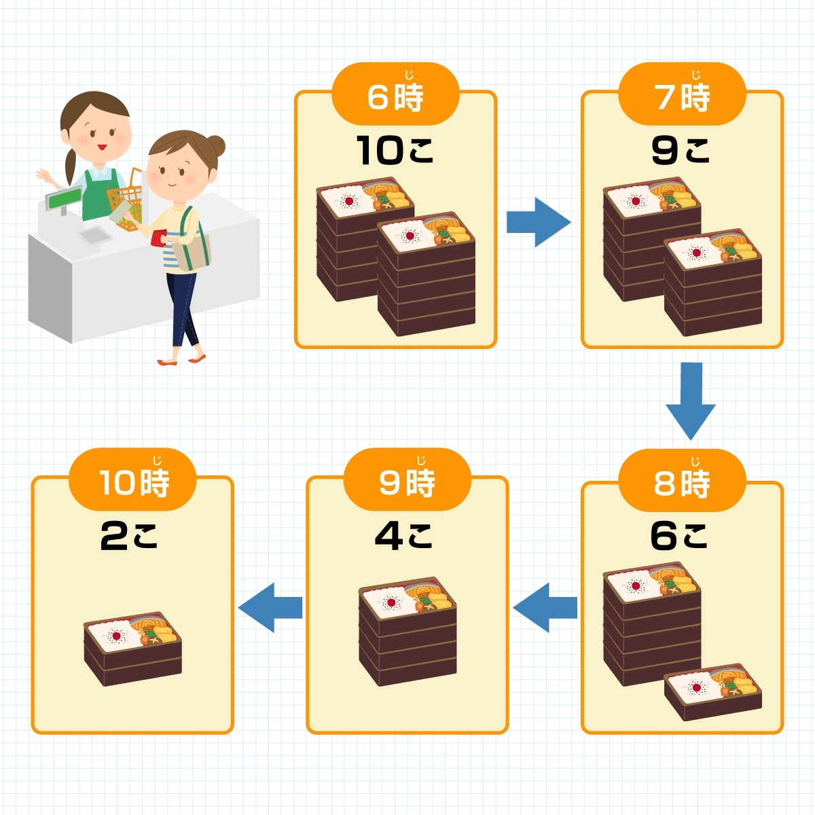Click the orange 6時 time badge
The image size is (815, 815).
395,94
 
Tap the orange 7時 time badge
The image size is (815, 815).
682,94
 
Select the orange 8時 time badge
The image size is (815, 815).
682,480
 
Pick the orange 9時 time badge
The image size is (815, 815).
407,479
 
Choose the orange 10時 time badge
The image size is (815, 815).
132,479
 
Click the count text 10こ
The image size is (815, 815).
395,150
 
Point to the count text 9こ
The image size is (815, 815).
680,150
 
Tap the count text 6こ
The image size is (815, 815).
679,536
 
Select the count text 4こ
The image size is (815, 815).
403,536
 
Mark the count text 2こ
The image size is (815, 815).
128,536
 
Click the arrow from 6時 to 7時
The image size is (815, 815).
539,222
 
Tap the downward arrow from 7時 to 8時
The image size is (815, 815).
691,401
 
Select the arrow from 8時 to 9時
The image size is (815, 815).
545,607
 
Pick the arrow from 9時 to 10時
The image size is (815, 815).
270,607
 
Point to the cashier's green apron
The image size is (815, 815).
100,194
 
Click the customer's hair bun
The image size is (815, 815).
217,147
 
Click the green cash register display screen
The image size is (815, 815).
65,198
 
